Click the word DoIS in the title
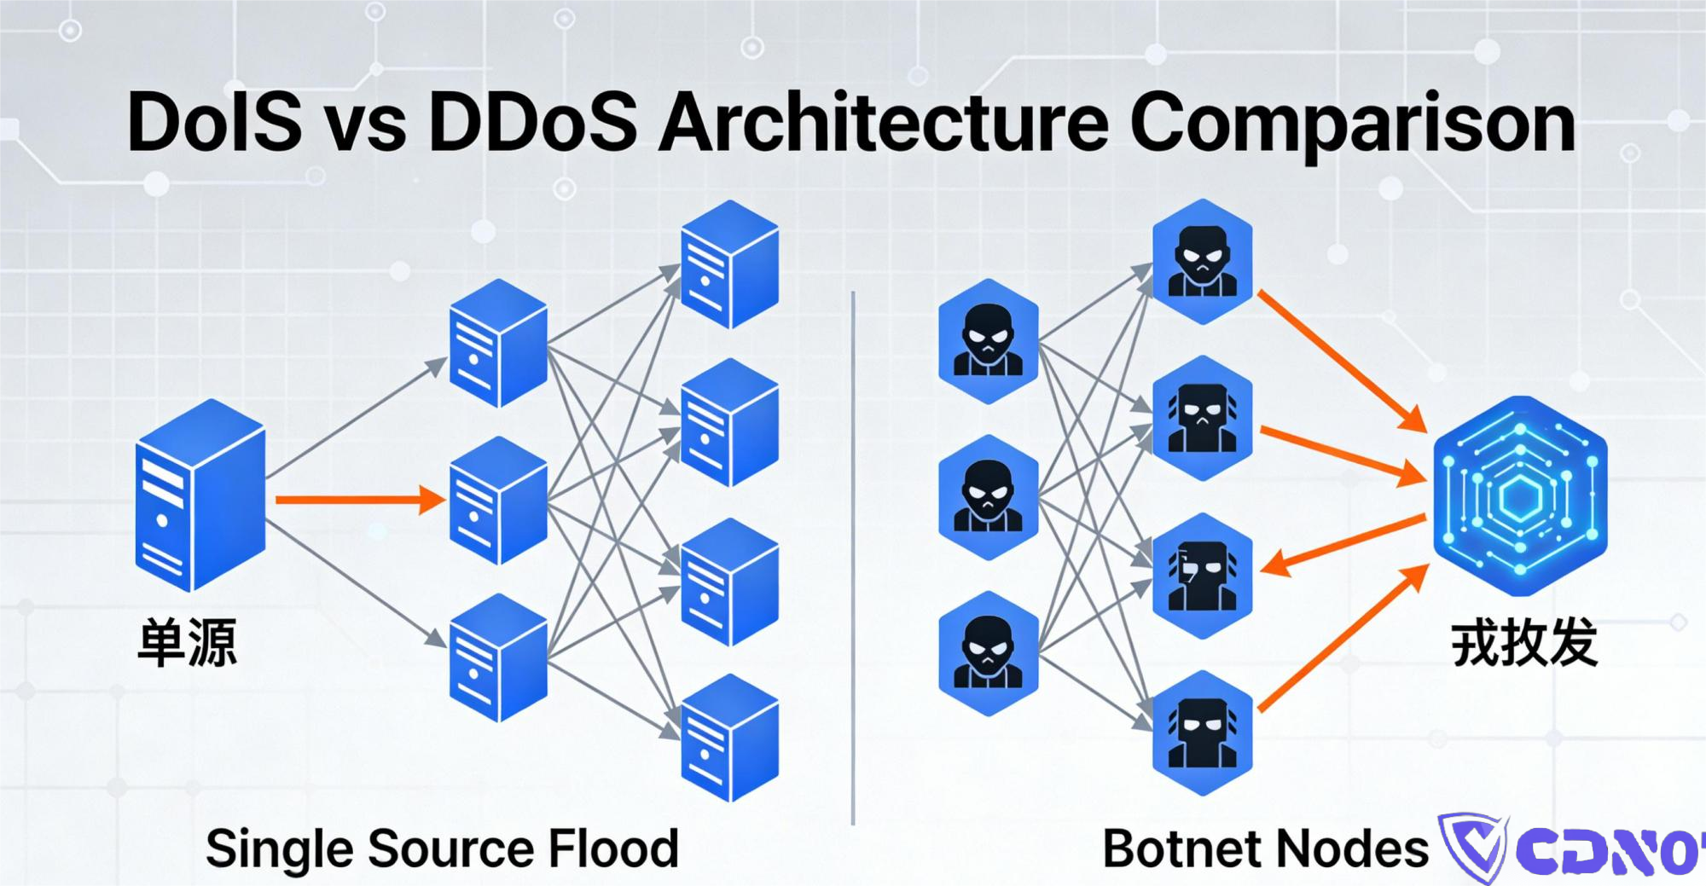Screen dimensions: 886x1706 [x=214, y=123]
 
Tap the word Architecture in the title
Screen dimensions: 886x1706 [x=883, y=123]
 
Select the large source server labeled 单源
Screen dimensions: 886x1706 [x=200, y=495]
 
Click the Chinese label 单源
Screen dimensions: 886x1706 [x=187, y=643]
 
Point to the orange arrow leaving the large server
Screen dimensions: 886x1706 [x=358, y=500]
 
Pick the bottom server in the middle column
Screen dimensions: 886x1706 [x=498, y=658]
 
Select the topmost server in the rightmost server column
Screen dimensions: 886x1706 [x=729, y=264]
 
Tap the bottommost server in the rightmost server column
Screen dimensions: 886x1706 [x=729, y=738]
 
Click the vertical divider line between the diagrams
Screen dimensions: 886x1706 [x=853, y=554]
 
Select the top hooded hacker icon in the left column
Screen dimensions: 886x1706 [x=988, y=341]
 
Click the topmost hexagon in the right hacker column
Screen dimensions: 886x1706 [x=1202, y=261]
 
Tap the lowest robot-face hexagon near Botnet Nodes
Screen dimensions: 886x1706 [x=1202, y=733]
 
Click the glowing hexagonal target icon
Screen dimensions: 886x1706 [x=1519, y=495]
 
